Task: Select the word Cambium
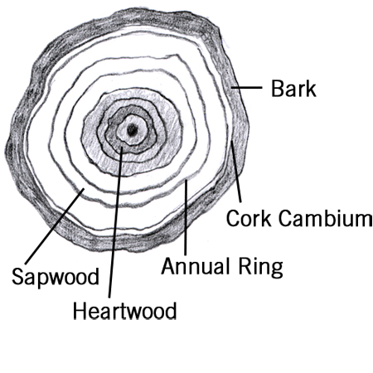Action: [x=322, y=220]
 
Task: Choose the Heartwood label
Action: [x=124, y=312]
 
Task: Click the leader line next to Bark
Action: [x=249, y=85]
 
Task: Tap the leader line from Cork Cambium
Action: [x=236, y=166]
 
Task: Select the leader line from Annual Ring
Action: [x=186, y=216]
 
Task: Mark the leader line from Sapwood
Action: [x=58, y=224]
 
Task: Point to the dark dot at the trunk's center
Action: [x=131, y=129]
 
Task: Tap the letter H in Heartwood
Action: [x=80, y=312]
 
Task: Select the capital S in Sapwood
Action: [x=17, y=275]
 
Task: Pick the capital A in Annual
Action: [x=167, y=267]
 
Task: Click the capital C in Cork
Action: [x=234, y=220]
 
